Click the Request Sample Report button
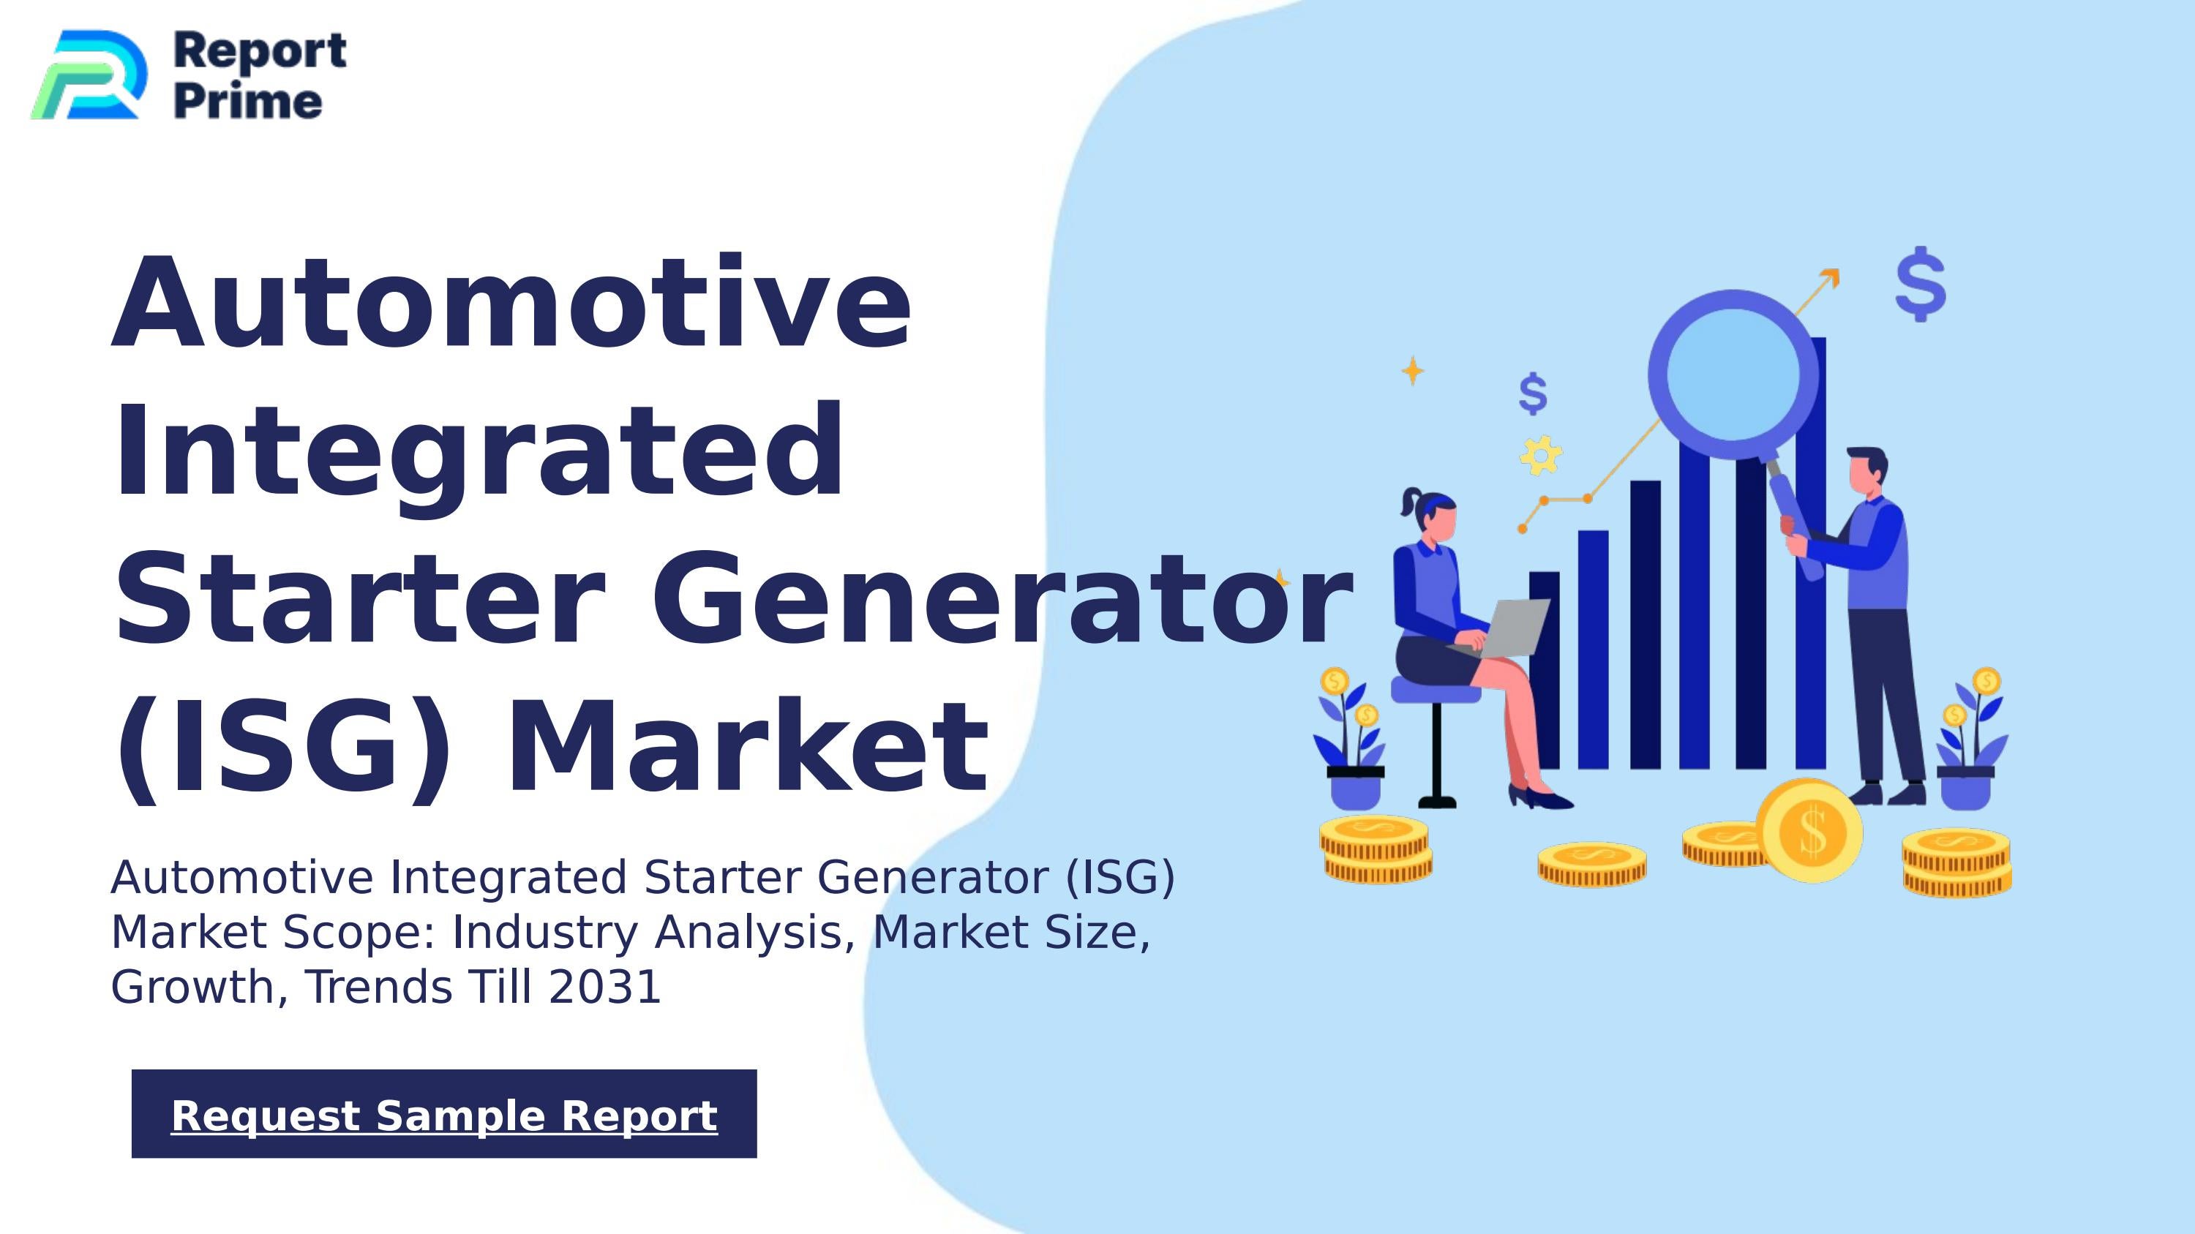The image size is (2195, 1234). pyautogui.click(x=444, y=1114)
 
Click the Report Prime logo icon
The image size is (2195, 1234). pyautogui.click(x=88, y=75)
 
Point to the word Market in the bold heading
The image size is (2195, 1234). pyautogui.click(x=747, y=746)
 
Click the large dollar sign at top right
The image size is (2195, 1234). pyautogui.click(x=1921, y=285)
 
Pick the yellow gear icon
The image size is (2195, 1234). pyautogui.click(x=1541, y=455)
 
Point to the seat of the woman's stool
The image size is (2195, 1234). pyautogui.click(x=1435, y=691)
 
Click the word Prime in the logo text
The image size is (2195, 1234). pyautogui.click(x=248, y=102)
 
